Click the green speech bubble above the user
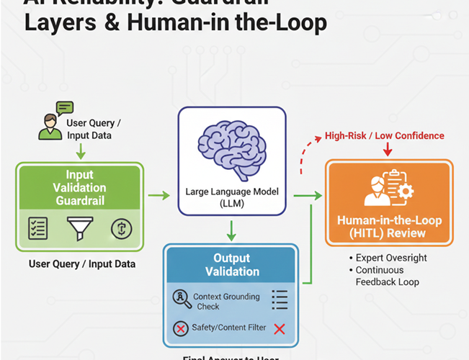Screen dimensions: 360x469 65,108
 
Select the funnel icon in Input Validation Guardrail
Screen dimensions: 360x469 79,228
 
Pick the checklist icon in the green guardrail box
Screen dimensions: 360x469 37,228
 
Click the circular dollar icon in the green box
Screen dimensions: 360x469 122,228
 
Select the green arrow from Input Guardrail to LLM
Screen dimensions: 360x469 159,194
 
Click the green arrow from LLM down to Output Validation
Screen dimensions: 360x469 230,230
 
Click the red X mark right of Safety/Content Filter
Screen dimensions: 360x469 280,328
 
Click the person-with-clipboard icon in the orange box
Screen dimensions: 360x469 389,188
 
